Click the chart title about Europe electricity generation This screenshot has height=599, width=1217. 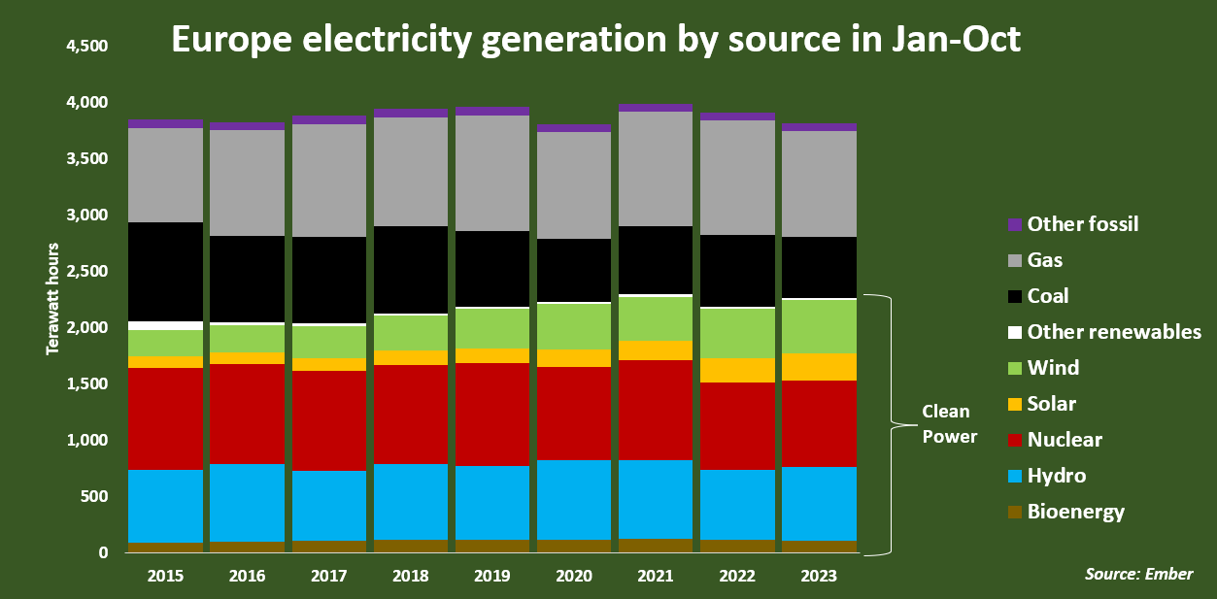coord(596,40)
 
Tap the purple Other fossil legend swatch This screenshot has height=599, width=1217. coord(1015,224)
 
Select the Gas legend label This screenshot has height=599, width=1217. coord(1045,260)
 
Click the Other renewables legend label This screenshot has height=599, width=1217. coord(1114,332)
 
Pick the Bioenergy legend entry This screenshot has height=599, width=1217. coord(1075,512)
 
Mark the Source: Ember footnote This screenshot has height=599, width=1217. coord(1138,574)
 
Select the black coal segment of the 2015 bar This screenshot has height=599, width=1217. coord(166,272)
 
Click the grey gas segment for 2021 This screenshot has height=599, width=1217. coord(656,169)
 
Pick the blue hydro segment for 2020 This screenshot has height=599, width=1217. coord(574,499)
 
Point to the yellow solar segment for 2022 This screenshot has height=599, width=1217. coord(737,370)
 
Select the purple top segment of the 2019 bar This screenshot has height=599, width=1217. coord(492,111)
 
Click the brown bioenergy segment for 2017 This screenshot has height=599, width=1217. coord(329,547)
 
